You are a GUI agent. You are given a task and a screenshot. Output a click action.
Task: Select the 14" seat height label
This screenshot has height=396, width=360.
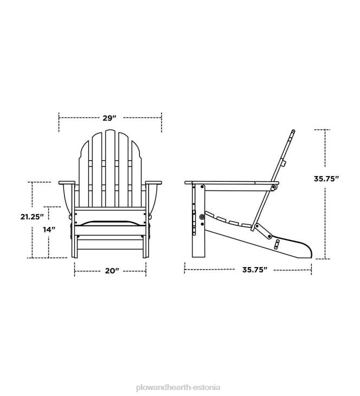point(49,230)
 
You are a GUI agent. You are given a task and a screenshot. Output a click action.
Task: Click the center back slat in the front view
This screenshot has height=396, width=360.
point(110,168)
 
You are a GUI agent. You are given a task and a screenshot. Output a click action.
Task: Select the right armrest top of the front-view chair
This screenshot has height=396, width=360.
point(155,181)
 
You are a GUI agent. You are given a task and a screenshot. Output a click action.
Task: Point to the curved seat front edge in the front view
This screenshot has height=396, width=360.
point(110,222)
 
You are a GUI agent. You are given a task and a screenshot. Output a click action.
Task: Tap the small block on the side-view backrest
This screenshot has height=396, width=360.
point(284,163)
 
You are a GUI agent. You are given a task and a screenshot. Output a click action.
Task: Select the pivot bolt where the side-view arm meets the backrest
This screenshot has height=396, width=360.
point(273,188)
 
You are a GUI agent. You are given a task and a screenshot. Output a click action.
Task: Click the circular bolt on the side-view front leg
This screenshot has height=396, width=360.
point(202,217)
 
